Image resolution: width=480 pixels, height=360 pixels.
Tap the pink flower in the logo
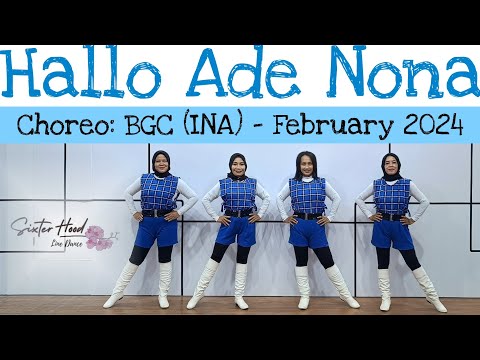point(96,238)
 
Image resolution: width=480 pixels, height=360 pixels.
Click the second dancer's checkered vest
point(238,194)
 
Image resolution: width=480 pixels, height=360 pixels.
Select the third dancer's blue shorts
point(306,231)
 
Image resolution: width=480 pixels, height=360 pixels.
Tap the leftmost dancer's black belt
point(159,212)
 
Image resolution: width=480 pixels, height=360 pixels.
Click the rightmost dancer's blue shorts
point(392,234)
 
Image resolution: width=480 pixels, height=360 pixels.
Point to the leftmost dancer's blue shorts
point(160,232)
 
